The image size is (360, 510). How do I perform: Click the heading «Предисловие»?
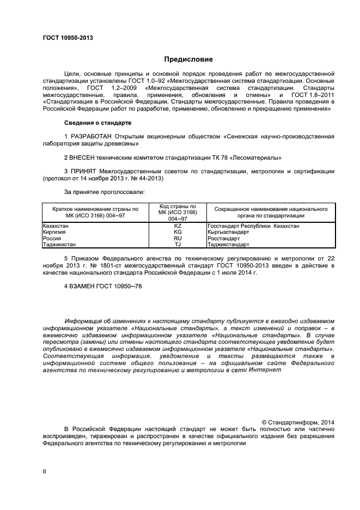point(188,59)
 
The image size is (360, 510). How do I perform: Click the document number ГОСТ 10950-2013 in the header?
point(68,38)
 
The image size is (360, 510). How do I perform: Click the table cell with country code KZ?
point(178,226)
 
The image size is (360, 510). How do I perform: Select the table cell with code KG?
point(178,232)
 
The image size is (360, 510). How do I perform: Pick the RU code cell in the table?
point(178,238)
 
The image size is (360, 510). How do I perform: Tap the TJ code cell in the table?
point(178,245)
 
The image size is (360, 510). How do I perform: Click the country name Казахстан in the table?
point(56,226)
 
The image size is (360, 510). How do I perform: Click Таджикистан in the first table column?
point(59,245)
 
